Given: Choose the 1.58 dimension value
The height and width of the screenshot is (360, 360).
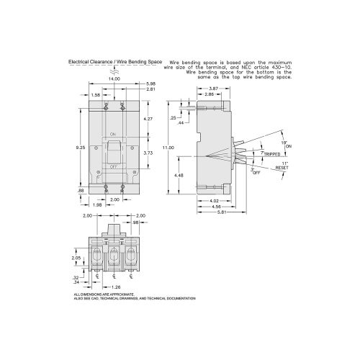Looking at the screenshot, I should pyautogui.click(x=95, y=94).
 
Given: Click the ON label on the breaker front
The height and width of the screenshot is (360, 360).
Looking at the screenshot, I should pyautogui.click(x=114, y=135).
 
